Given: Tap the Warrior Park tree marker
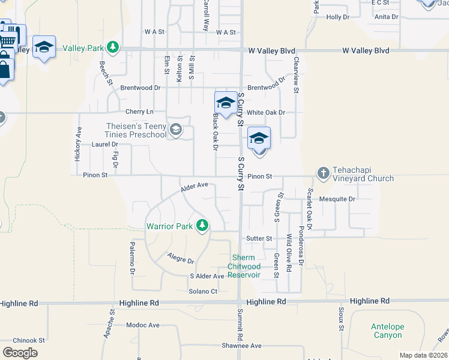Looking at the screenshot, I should (203, 226).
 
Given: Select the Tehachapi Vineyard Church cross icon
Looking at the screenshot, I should (323, 173).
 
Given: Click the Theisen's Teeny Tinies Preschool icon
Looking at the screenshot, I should (175, 130).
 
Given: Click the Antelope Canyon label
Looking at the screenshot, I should (387, 331).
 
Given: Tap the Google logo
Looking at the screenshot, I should (20, 352).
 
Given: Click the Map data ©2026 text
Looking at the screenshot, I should (423, 355).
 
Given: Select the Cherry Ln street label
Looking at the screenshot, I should (139, 112).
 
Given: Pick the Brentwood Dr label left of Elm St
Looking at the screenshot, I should (140, 88).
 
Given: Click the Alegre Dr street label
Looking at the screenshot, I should (181, 259).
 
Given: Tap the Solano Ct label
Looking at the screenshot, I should (203, 291).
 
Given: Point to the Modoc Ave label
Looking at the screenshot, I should (143, 325).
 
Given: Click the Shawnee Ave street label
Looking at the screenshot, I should (242, 346).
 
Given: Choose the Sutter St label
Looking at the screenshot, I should (259, 238).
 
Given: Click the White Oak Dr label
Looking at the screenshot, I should (265, 112).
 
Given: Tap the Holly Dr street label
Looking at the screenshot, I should (337, 17).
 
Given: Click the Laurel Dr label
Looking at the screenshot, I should (105, 145).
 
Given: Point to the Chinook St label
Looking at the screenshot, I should (29, 340).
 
